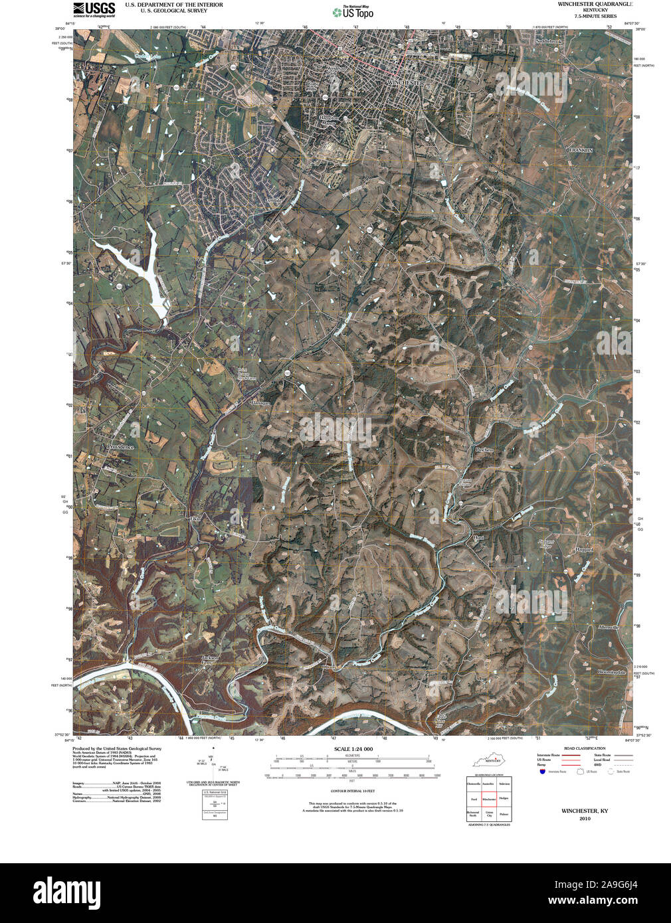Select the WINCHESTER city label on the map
click(x=405, y=83)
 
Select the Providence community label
click(x=120, y=447)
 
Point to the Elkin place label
click(x=195, y=518)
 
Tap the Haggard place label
click(x=584, y=550)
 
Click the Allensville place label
click(x=609, y=627)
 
